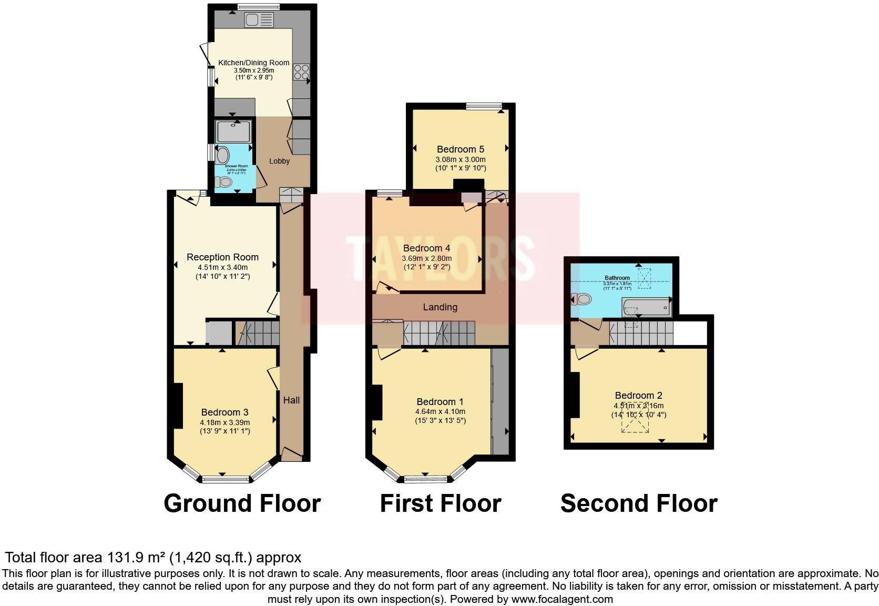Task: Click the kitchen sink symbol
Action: pos(259,21)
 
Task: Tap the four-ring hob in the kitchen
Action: pos(301,72)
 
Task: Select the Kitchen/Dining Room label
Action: pos(254,63)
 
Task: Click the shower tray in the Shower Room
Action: pos(233,131)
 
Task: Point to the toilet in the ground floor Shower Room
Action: pos(223,182)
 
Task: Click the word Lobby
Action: pos(279,161)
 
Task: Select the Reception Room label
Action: pos(222,257)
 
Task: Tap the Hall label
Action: pos(291,400)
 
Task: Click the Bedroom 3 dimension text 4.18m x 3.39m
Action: pos(224,422)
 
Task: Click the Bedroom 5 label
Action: pos(460,149)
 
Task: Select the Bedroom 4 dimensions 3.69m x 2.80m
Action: pos(426,258)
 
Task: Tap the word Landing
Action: pos(440,307)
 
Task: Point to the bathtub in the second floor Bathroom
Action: pos(646,307)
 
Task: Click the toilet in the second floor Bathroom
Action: pos(581,299)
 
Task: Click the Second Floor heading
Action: pos(638,503)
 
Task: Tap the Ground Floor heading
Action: pos(242,503)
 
